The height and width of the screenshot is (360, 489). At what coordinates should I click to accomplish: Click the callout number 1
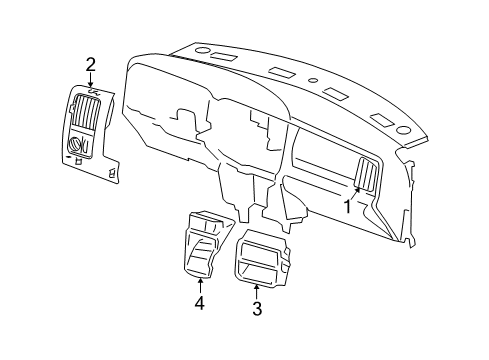tap(348, 206)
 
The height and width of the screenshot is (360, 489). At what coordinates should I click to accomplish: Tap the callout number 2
tap(90, 65)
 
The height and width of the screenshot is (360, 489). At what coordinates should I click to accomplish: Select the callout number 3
tap(257, 309)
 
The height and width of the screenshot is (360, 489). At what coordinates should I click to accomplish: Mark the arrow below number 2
tap(90, 83)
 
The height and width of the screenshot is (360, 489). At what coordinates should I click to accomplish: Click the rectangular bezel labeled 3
tap(260, 259)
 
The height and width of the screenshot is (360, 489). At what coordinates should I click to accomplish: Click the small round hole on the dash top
tap(313, 80)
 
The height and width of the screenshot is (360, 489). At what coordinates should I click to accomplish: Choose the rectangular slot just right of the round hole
tap(337, 94)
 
